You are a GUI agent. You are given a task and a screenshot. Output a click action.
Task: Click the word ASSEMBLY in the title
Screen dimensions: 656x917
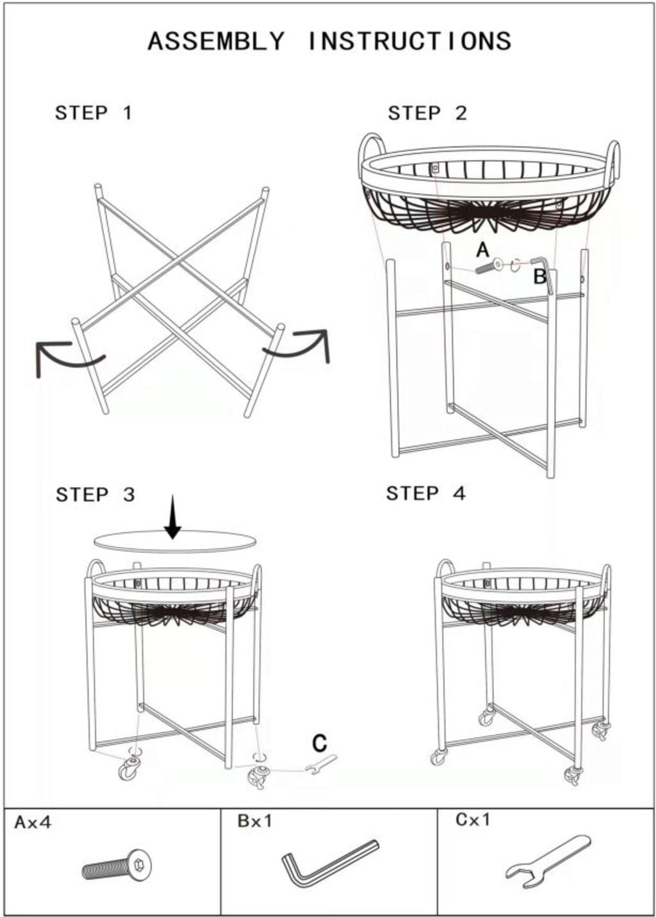click(x=216, y=41)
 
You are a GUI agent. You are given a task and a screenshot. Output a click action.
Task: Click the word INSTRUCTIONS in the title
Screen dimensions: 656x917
click(x=409, y=41)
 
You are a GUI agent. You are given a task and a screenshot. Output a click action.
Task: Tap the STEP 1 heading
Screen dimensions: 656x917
click(x=94, y=113)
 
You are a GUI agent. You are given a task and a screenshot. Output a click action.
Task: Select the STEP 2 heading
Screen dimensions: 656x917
click(x=427, y=113)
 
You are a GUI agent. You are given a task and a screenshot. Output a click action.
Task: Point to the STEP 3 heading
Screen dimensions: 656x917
click(x=95, y=495)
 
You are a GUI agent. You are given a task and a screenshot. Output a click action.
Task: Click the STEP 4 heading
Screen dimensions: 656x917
click(x=425, y=493)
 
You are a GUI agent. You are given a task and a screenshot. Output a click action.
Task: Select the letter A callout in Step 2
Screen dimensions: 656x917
click(x=483, y=250)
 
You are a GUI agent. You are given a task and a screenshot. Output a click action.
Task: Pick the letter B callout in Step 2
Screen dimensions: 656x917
click(x=540, y=277)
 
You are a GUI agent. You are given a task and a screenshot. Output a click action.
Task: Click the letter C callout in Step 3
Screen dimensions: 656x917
click(x=320, y=743)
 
